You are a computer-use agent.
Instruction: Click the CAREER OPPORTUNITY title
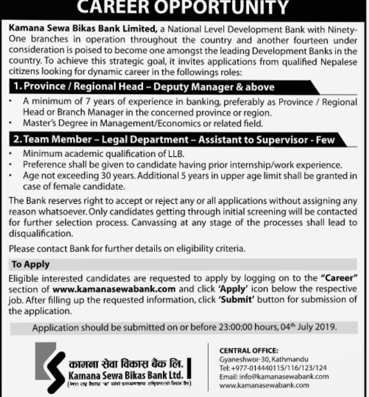(184, 7)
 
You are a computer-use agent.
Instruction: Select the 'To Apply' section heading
(31, 264)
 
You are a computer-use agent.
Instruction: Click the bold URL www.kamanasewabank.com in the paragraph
(114, 289)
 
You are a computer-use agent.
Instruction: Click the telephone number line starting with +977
(273, 367)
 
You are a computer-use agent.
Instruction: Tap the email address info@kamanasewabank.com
(284, 376)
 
